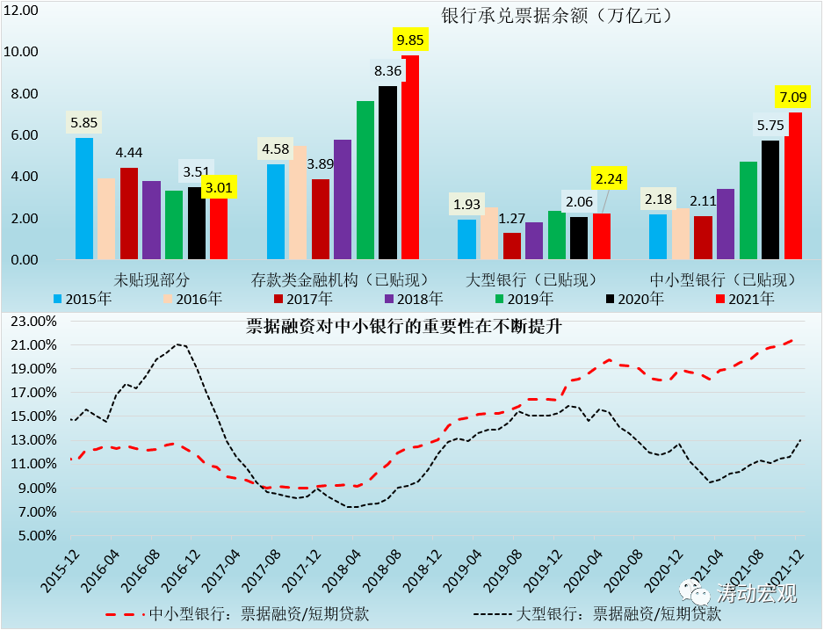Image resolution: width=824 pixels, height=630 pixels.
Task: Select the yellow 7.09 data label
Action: (793, 97)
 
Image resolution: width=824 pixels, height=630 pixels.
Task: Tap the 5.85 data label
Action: (83, 123)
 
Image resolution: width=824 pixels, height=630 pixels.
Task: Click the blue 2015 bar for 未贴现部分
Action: (84, 199)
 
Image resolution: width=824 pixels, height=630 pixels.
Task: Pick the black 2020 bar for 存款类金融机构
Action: (387, 172)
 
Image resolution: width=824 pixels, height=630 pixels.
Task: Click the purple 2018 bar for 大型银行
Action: (534, 241)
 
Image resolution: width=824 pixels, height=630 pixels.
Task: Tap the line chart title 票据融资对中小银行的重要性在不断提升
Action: (403, 326)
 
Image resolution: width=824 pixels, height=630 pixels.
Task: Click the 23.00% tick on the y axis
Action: (33, 321)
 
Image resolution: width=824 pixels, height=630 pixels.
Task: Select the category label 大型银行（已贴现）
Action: (531, 279)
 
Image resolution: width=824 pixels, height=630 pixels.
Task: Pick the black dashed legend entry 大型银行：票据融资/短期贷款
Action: (597, 614)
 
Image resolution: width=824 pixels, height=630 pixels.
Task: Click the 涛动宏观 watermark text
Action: (756, 593)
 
